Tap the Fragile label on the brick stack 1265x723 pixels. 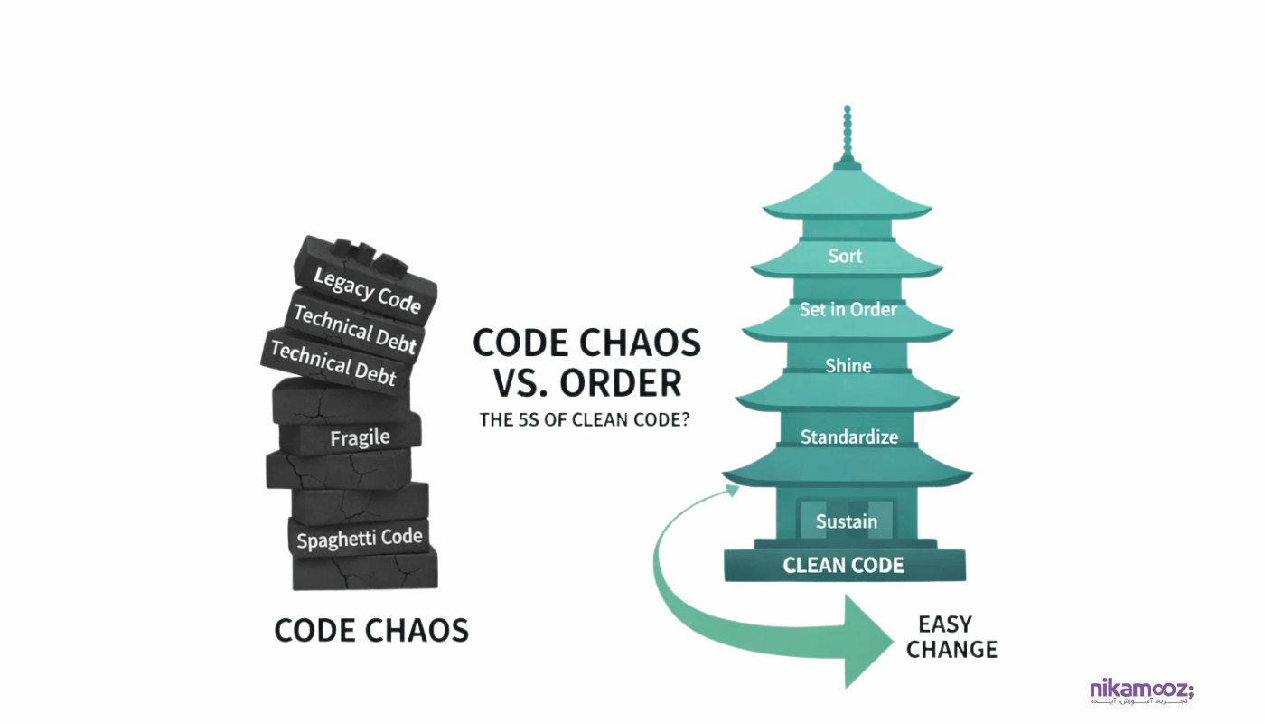click(x=360, y=438)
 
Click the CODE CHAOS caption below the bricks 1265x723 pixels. click(x=371, y=630)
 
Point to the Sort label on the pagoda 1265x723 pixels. click(x=845, y=256)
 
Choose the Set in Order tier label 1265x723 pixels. click(x=848, y=309)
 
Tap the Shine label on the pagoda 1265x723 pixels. click(x=848, y=365)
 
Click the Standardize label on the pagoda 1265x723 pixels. click(x=848, y=437)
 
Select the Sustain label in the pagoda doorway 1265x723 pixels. click(x=846, y=521)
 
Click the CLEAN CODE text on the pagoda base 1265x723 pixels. click(x=843, y=566)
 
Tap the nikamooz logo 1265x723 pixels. click(x=1141, y=691)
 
